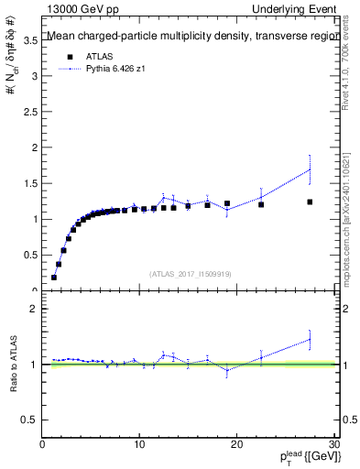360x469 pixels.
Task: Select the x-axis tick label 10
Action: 139,444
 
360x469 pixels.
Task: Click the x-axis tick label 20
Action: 236,444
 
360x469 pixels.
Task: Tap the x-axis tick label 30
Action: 333,444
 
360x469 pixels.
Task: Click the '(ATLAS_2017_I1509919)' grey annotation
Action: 189,273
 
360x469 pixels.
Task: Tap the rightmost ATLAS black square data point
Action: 310,202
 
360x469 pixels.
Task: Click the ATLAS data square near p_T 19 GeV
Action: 227,203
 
